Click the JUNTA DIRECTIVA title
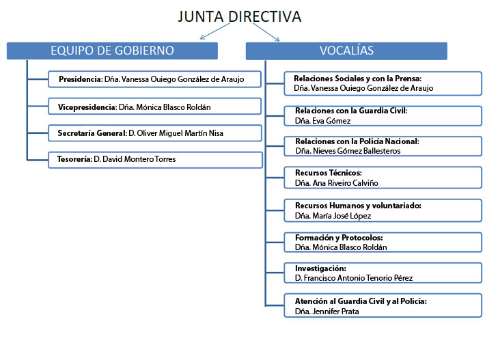(x=240, y=16)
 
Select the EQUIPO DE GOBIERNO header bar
(x=112, y=51)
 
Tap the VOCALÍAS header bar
(x=346, y=51)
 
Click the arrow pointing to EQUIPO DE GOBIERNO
(x=215, y=31)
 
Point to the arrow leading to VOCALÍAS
(x=266, y=32)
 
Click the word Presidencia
(x=80, y=79)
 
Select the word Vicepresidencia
(x=86, y=107)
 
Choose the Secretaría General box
(x=155, y=133)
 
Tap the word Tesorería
(x=74, y=158)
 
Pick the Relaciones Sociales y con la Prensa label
(x=358, y=79)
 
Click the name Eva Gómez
(x=331, y=121)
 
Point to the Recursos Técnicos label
(x=329, y=173)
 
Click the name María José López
(x=342, y=216)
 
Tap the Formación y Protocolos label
(x=339, y=238)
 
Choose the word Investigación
(x=320, y=268)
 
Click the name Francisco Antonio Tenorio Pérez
(x=358, y=278)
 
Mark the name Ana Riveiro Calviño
(x=346, y=183)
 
